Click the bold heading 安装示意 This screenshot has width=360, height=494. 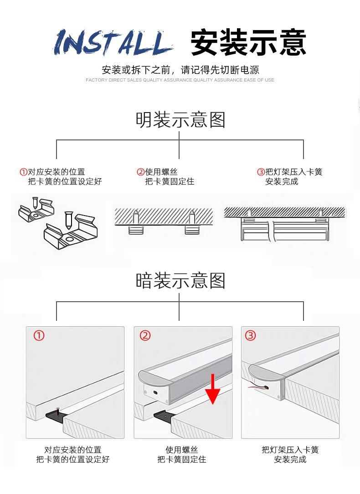[248, 42]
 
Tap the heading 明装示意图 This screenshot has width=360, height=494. [180, 120]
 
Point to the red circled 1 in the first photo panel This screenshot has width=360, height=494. [40, 336]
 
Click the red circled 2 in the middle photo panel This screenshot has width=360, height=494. [145, 336]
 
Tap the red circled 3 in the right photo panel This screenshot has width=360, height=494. [251, 336]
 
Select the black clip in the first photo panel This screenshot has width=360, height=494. [57, 415]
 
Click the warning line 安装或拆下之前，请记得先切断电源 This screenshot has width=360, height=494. [180, 70]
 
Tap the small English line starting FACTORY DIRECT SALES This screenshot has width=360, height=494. [180, 80]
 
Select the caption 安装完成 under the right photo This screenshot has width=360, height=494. [290, 459]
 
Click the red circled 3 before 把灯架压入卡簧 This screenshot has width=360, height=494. [261, 172]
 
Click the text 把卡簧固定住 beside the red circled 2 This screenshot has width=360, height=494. [170, 181]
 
